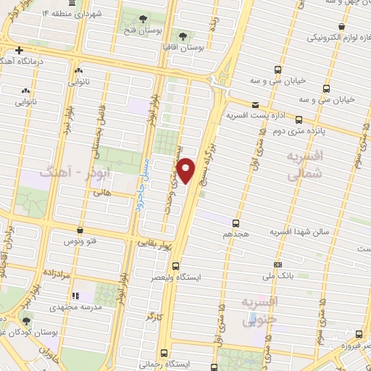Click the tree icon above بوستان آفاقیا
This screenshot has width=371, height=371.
click(x=181, y=34)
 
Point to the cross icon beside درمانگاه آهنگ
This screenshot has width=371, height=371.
click(x=19, y=50)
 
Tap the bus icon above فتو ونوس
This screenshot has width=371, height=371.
click(x=79, y=230)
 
